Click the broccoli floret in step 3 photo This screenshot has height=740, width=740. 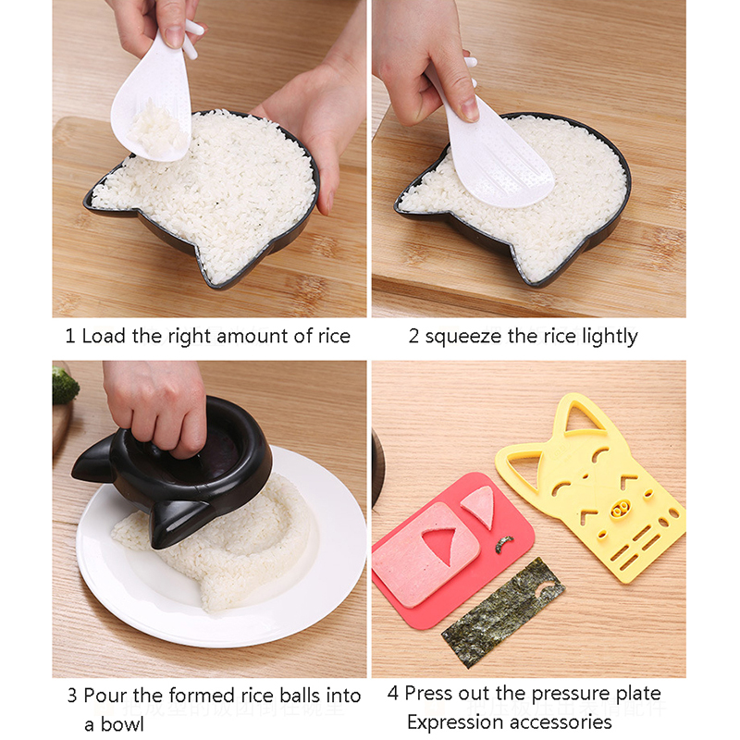64,385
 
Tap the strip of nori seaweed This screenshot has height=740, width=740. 503,613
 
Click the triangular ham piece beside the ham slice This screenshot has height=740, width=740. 480,506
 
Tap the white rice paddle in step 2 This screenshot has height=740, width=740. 491,142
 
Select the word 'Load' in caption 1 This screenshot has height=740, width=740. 105,336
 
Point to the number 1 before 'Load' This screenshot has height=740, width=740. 70,337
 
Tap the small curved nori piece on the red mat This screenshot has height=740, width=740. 504,544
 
